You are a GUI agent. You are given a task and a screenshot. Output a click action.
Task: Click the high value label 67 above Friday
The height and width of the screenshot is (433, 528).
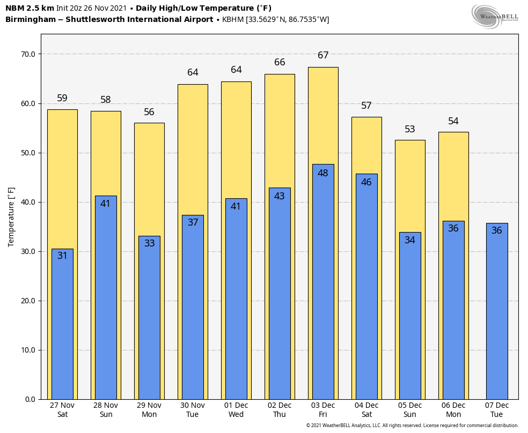tap(323, 55)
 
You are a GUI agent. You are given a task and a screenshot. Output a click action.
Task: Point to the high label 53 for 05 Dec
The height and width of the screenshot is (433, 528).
tap(410, 129)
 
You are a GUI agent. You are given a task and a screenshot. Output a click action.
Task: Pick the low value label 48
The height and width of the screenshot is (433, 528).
tap(323, 173)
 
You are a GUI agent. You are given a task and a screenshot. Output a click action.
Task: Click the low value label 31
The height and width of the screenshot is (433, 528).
tap(62, 256)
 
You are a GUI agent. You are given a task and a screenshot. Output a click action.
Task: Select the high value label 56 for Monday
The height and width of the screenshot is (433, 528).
tap(149, 112)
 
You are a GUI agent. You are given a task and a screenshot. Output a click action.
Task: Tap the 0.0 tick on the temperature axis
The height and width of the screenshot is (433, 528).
tap(30, 399)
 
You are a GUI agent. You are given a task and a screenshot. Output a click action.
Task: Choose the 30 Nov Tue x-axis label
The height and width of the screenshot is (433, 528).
tap(193, 410)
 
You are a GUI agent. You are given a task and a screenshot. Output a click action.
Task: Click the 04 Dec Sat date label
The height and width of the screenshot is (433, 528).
tap(366, 410)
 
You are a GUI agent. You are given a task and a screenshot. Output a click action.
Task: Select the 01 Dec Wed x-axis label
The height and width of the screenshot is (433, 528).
tap(236, 410)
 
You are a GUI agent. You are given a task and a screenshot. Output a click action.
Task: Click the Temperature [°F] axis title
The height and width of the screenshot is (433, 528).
tap(11, 217)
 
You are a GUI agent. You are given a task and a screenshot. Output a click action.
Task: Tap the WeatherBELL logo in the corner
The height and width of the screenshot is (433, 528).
tap(495, 16)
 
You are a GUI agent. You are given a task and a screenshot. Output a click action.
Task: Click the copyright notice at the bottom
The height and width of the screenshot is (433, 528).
tap(412, 425)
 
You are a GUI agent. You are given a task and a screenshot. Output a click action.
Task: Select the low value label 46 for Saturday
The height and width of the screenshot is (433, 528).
tap(366, 182)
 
